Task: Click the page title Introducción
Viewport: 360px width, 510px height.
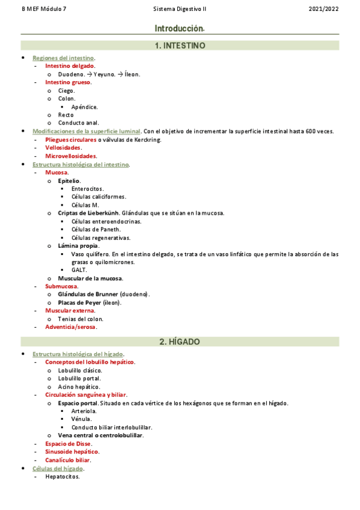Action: (179, 28)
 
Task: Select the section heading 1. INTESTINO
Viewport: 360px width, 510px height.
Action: (180, 45)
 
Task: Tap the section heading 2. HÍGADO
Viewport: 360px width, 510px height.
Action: (180, 342)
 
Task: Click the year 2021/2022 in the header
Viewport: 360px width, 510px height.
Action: (323, 10)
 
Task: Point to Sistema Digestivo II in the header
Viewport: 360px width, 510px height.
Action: (180, 10)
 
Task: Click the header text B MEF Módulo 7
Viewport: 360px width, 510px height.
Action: (44, 10)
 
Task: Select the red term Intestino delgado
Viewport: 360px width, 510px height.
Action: (69, 66)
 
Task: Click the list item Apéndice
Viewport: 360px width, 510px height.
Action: (84, 107)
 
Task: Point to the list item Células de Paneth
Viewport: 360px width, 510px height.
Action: (96, 229)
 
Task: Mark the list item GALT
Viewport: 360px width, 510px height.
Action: (78, 270)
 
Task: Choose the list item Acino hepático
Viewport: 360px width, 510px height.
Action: (79, 387)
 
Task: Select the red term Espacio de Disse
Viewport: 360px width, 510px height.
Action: (68, 443)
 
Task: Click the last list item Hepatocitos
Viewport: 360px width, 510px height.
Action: (62, 476)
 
